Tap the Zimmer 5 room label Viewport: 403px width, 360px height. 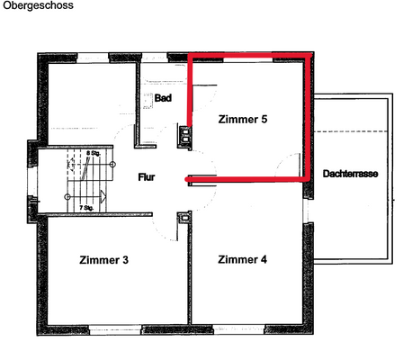[x=243, y=119]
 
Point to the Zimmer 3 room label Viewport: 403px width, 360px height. [x=103, y=260]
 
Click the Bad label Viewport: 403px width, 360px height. [x=163, y=97]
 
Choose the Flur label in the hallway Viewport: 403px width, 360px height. [x=148, y=178]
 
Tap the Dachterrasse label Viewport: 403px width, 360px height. [x=350, y=172]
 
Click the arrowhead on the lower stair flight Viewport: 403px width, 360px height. [x=104, y=195]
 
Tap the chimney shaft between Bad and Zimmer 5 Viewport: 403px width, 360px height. [x=185, y=136]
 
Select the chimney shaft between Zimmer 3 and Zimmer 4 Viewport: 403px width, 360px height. [x=184, y=216]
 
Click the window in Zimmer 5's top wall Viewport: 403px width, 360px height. [x=249, y=58]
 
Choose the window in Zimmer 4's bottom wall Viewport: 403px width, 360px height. [x=249, y=328]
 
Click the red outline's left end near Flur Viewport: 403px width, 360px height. [x=188, y=180]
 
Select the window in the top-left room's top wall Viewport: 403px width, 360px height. [x=94, y=58]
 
